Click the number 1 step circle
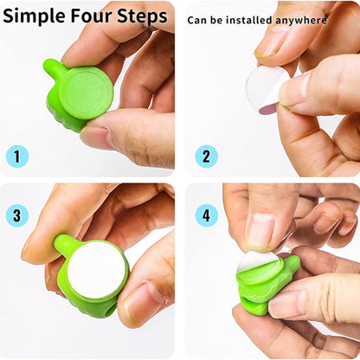point(16,156)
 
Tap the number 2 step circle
point(206,156)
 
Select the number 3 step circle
point(16,215)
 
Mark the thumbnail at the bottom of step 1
point(97,136)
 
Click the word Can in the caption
point(198,19)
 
